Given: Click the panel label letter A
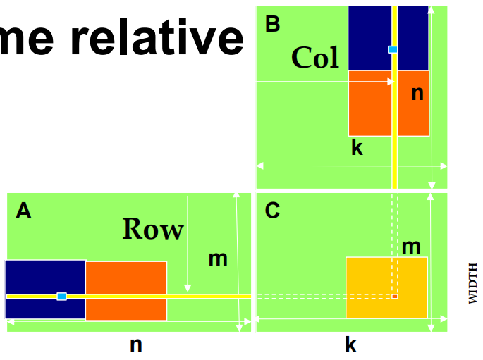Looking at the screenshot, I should (23, 211).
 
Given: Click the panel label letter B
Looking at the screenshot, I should (272, 25).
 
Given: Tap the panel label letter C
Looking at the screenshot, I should (273, 211).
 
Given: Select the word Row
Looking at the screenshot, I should (152, 230).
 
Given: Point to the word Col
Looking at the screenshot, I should (315, 58).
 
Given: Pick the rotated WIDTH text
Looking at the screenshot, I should (473, 283).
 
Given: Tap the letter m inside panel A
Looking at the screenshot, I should (218, 259).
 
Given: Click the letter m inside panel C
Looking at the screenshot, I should (410, 247).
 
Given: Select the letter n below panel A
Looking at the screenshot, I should (136, 345).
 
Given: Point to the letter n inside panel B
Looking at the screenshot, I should (417, 92).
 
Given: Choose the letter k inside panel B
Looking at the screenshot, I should (357, 148).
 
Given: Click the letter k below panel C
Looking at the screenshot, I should (350, 345).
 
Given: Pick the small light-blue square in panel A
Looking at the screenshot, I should (61, 297).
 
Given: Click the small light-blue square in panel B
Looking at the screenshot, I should (393, 49).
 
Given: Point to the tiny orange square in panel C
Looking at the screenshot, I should (395, 297).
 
